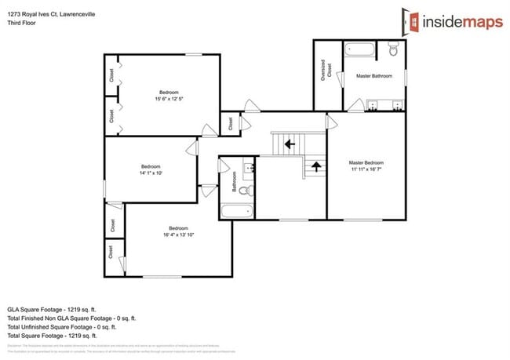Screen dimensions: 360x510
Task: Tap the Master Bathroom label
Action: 373,76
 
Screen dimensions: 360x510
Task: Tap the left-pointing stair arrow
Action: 290,144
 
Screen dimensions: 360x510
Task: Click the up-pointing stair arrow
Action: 316,165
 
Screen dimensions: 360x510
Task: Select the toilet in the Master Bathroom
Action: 394,51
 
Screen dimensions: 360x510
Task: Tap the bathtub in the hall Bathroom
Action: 236,210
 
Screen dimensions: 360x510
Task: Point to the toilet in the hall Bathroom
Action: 245,190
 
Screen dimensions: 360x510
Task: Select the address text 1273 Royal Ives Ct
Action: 35,13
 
